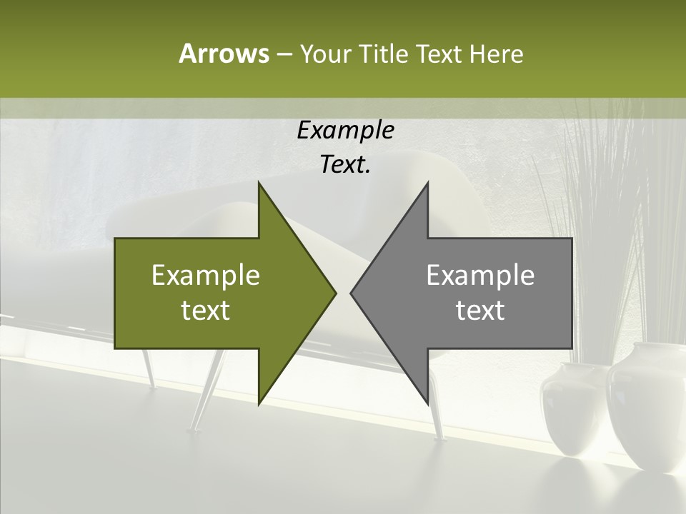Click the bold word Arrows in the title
(223, 54)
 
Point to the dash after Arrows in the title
(284, 54)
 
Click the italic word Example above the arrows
(345, 130)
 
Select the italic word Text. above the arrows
(345, 164)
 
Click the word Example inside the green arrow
(206, 275)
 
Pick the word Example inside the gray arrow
(480, 275)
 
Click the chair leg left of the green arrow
(149, 368)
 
